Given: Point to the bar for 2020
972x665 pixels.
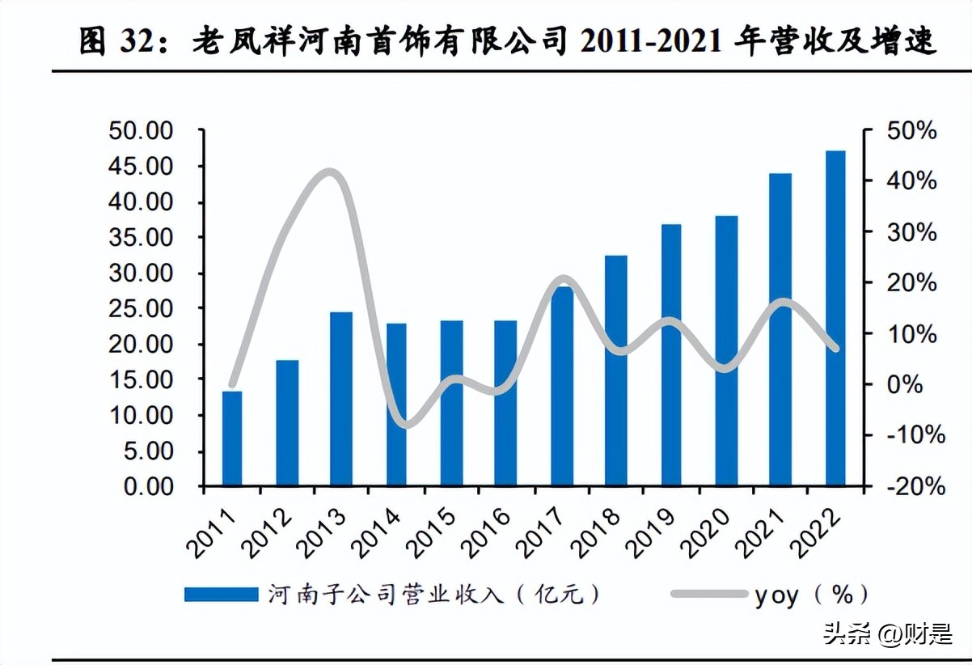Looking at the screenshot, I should [x=726, y=351].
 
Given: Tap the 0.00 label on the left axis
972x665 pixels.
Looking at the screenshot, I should [x=147, y=486].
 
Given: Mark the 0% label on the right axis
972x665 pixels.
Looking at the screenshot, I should [x=904, y=384].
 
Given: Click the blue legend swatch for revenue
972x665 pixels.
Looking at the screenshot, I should [x=221, y=595].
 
